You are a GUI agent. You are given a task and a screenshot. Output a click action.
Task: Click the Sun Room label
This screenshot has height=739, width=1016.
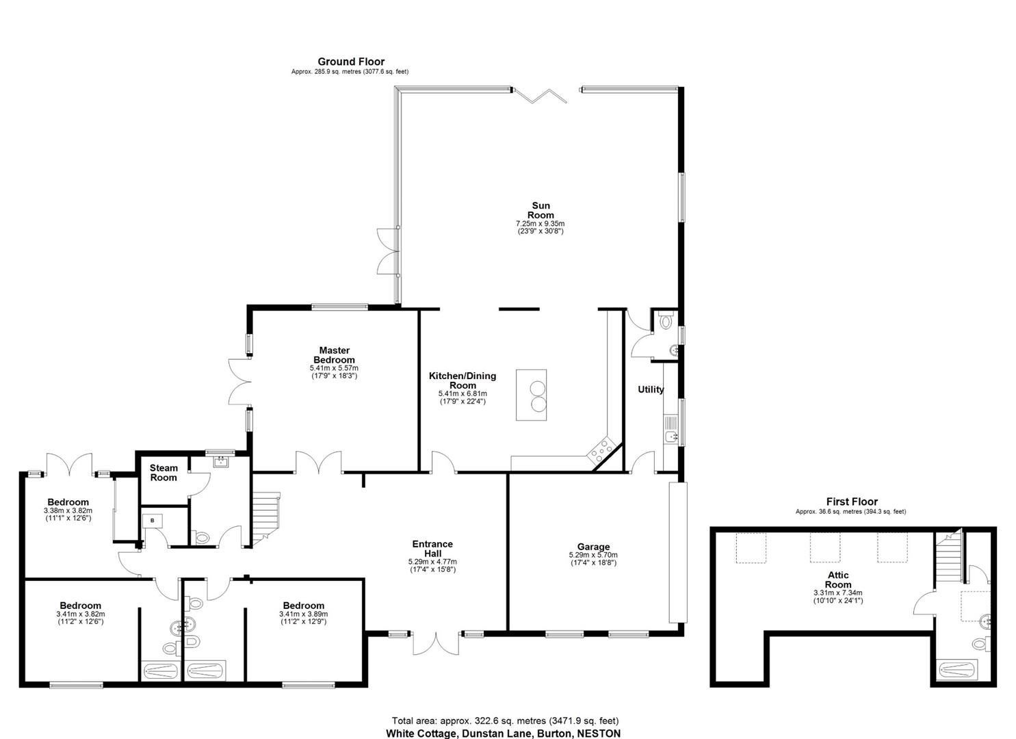pos(540,210)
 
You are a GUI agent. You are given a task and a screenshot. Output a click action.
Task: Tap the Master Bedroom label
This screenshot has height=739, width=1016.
pos(334,355)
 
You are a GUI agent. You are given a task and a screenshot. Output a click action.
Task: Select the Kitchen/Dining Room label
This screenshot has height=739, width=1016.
pos(463,380)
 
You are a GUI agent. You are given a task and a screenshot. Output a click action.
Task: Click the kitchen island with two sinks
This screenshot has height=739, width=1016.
pos(532,395)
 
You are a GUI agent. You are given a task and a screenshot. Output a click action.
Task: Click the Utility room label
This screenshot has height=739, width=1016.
pos(651,389)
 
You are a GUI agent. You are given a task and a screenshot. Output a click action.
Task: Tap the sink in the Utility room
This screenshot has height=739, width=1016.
pos(670,436)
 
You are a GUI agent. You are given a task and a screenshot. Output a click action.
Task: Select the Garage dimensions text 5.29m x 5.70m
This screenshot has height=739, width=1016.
pos(593,555)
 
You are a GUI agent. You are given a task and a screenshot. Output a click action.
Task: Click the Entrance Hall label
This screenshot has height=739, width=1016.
pos(432,549)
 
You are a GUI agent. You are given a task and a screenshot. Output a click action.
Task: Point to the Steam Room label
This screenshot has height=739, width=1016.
pos(164,473)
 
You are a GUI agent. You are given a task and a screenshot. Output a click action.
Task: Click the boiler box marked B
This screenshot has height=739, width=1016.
pos(153,521)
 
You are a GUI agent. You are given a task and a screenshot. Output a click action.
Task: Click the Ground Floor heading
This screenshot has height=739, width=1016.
pos(351,62)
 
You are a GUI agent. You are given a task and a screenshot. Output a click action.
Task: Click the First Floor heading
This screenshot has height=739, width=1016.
pos(852,502)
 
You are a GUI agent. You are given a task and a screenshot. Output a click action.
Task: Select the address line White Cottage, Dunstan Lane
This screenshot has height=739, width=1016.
pos(504,733)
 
